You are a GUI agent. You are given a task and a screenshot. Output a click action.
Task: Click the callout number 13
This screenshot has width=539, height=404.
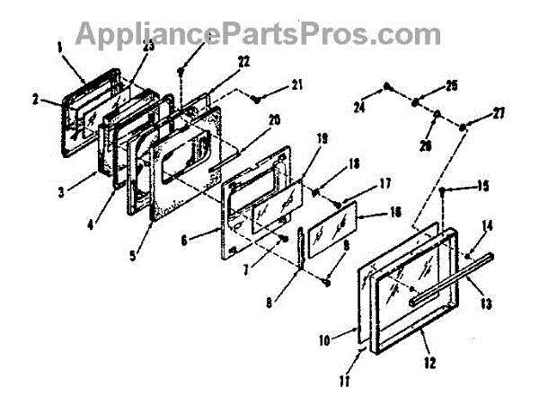click(485, 303)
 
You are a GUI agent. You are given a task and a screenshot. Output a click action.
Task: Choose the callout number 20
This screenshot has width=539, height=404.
click(275, 120)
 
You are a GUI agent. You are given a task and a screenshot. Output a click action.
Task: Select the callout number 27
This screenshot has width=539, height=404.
click(497, 114)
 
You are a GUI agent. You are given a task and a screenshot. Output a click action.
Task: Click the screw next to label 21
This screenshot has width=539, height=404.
click(257, 97)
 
